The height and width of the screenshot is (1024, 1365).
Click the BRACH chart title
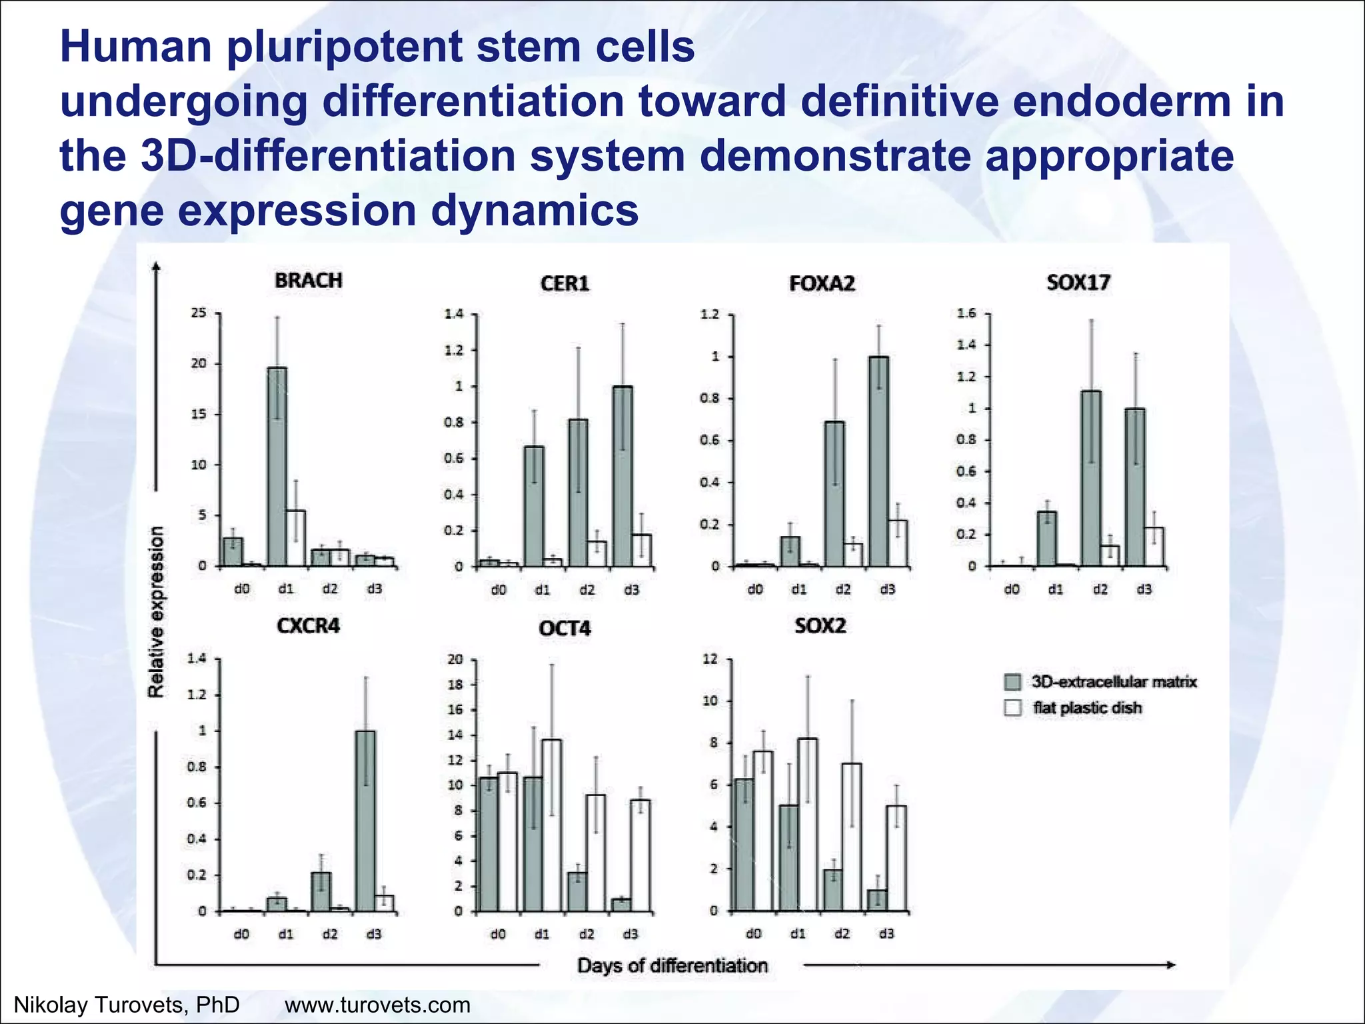click(309, 281)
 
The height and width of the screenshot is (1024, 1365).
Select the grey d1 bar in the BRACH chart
click(277, 467)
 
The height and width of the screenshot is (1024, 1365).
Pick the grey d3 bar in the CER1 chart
click(623, 477)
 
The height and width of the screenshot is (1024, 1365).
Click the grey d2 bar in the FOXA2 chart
click(834, 494)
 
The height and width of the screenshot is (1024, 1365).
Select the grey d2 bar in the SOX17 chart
click(1091, 479)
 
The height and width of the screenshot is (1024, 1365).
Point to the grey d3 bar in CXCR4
click(365, 821)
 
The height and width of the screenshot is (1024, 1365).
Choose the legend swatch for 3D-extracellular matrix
click(1012, 682)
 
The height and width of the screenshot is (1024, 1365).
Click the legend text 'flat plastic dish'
click(1087, 708)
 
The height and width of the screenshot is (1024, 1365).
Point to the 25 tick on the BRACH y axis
click(199, 313)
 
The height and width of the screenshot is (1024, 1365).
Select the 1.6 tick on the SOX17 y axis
click(966, 313)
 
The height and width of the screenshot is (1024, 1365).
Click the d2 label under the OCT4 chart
click(587, 934)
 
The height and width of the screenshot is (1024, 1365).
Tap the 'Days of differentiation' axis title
click(672, 965)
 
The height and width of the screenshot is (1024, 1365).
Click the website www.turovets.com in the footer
click(377, 1005)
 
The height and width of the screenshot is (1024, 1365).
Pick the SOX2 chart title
click(820, 626)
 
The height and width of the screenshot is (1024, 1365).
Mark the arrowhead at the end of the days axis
click(1170, 965)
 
